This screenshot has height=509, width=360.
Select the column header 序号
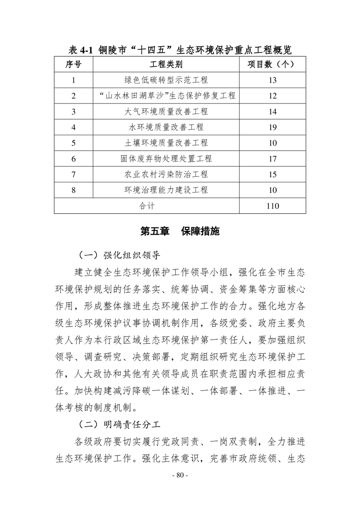73,64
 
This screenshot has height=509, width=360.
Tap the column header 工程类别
166,64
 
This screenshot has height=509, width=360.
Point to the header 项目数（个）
272,64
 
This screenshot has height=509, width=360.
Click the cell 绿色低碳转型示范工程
166,80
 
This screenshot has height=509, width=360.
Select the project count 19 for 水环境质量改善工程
272,127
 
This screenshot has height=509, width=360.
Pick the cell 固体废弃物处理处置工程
166,159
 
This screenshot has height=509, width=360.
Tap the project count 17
272,159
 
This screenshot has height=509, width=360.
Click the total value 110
272,206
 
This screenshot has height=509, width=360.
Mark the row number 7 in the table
73,175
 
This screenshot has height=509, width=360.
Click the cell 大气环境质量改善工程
166,112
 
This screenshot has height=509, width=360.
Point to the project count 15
272,175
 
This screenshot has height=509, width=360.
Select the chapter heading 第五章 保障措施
180,231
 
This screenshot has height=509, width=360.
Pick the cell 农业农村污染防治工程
166,175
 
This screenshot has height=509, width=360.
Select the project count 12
272,96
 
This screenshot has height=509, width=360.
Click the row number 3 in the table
73,112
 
